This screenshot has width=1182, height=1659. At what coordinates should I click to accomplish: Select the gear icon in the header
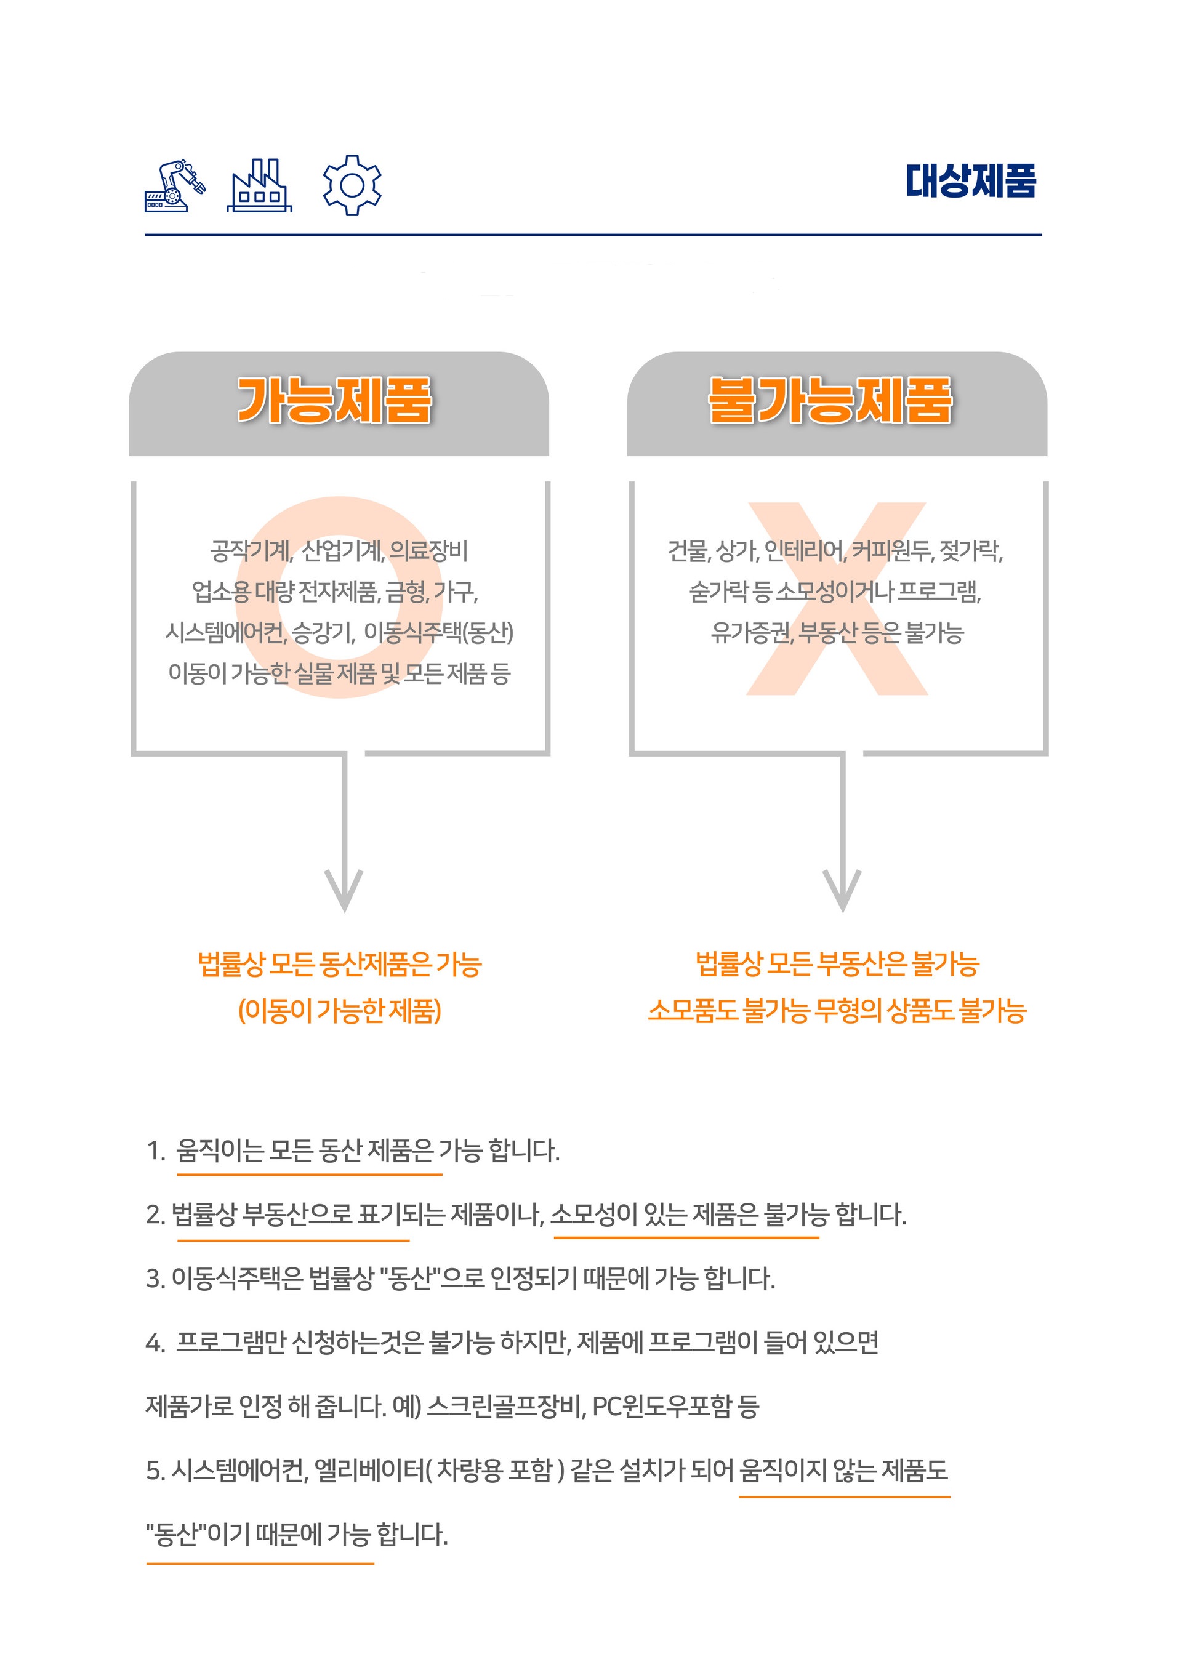[352, 185]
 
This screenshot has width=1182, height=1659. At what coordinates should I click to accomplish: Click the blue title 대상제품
[970, 180]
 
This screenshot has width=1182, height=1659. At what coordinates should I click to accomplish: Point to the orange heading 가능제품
[335, 400]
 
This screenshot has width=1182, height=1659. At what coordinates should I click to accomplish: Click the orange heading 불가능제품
[830, 400]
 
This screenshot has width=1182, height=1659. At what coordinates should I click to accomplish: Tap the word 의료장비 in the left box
[428, 551]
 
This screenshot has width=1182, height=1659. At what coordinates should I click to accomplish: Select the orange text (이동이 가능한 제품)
[340, 1011]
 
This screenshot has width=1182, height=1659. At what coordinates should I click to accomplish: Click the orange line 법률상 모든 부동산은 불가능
[838, 964]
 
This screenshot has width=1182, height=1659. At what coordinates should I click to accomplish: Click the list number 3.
[155, 1279]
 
